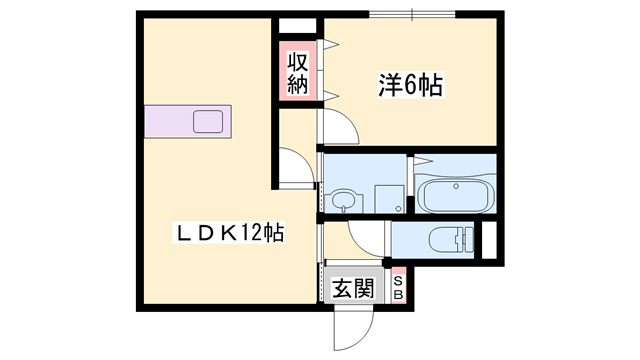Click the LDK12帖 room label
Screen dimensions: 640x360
pyautogui.click(x=229, y=233)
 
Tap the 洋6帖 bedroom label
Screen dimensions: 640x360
pyautogui.click(x=410, y=85)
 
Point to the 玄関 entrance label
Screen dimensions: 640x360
pyautogui.click(x=353, y=288)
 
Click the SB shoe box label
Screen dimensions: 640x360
pyautogui.click(x=399, y=288)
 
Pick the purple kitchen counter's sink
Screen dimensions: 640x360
pyautogui.click(x=208, y=122)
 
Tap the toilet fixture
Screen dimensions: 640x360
pyautogui.click(x=451, y=240)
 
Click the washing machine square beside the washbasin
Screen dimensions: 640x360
pyautogui.click(x=390, y=199)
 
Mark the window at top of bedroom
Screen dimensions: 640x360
pyautogui.click(x=412, y=14)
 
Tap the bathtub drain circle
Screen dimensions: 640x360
pyautogui.click(x=456, y=187)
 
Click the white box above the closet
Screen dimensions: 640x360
pyautogui.click(x=298, y=27)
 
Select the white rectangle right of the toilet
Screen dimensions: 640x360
pyautogui.click(x=489, y=240)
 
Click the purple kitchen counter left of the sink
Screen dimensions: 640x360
pyautogui.click(x=168, y=122)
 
